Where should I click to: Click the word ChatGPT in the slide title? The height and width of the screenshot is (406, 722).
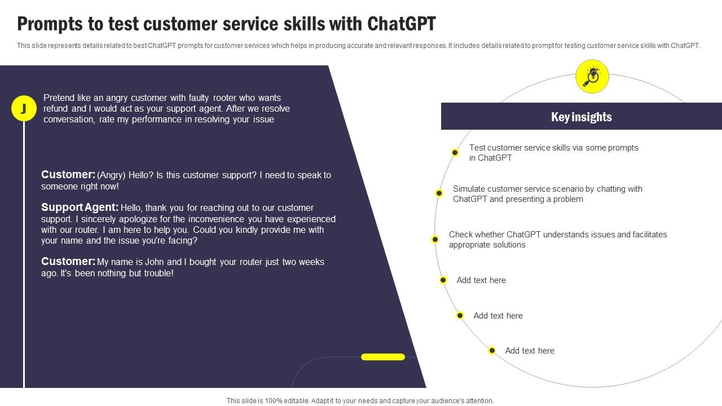[x=401, y=24]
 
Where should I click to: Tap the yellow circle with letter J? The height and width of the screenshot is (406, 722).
[x=24, y=108]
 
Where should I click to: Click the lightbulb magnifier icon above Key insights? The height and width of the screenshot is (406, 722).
[x=592, y=76]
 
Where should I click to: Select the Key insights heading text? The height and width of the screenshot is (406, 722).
[x=581, y=117]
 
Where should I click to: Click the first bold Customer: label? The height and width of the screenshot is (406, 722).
[x=68, y=175]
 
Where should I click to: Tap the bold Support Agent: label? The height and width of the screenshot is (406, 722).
[x=80, y=208]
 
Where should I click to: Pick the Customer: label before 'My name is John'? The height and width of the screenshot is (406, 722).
[x=68, y=262]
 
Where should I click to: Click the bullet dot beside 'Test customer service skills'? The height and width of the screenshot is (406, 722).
[x=455, y=152]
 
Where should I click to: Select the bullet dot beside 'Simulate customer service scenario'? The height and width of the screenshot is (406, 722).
[x=439, y=193]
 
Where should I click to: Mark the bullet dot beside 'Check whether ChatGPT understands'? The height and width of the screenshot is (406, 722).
[x=435, y=240]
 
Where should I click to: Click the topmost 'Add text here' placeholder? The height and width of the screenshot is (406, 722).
[x=481, y=280]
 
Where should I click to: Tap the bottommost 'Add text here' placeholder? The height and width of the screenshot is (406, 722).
[x=530, y=351]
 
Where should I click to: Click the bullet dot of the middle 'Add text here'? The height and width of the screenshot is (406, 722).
[x=460, y=316]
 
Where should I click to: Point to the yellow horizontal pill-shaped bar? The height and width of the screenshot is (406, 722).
[x=383, y=357]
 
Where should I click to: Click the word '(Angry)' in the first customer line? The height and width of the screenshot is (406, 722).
[x=111, y=175]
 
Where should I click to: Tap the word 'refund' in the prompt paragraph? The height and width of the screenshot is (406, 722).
[x=56, y=109]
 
